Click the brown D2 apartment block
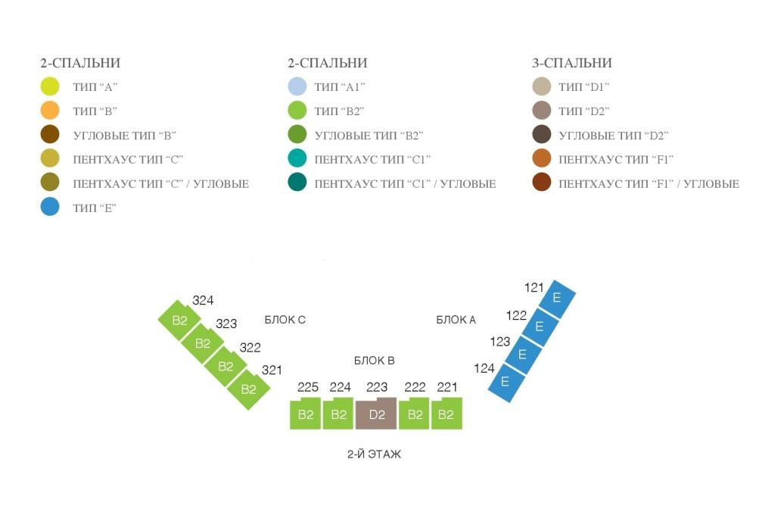(376, 414)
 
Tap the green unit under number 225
(306, 414)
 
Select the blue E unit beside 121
(556, 298)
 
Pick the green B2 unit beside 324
(179, 320)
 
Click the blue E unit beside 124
(505, 383)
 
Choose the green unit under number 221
(447, 414)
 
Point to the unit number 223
(377, 387)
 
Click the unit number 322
(250, 348)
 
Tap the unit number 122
(516, 315)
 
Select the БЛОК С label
(285, 320)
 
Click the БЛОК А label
(456, 320)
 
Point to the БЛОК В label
(374, 360)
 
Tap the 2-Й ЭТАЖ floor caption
(374, 454)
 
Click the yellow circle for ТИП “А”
(50, 86)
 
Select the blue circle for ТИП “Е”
(50, 207)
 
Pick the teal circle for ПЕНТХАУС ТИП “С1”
(297, 158)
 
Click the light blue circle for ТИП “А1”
(297, 86)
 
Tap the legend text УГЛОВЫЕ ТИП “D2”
(613, 136)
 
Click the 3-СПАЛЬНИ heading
(572, 63)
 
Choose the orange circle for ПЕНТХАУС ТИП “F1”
(542, 158)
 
